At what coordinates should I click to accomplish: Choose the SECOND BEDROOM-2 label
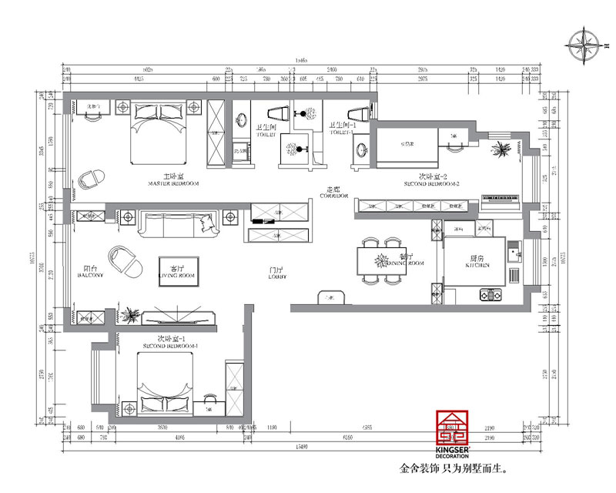click(x=431, y=180)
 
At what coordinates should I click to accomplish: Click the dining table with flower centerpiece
click(x=380, y=258)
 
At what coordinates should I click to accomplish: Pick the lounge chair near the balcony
click(x=126, y=261)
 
